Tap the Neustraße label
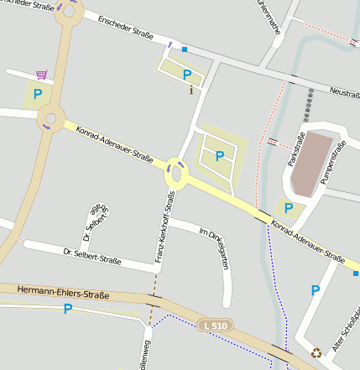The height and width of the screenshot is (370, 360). [x=344, y=92]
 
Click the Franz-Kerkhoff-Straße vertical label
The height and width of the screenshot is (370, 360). [x=164, y=227]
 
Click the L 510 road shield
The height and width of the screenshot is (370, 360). [x=217, y=325]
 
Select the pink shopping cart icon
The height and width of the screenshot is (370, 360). [x=41, y=75]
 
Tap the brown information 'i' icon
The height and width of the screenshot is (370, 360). [x=192, y=89]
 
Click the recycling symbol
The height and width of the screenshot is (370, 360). [x=316, y=353]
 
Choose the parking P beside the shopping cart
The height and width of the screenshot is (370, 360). [x=38, y=94]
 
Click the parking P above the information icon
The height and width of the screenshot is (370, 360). [x=187, y=75]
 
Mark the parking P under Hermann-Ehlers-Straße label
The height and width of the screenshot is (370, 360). [x=68, y=309]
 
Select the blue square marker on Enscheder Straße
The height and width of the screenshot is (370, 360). [x=185, y=50]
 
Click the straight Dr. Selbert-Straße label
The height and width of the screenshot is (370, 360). [x=92, y=256]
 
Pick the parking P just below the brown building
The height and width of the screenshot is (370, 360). [x=289, y=208]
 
